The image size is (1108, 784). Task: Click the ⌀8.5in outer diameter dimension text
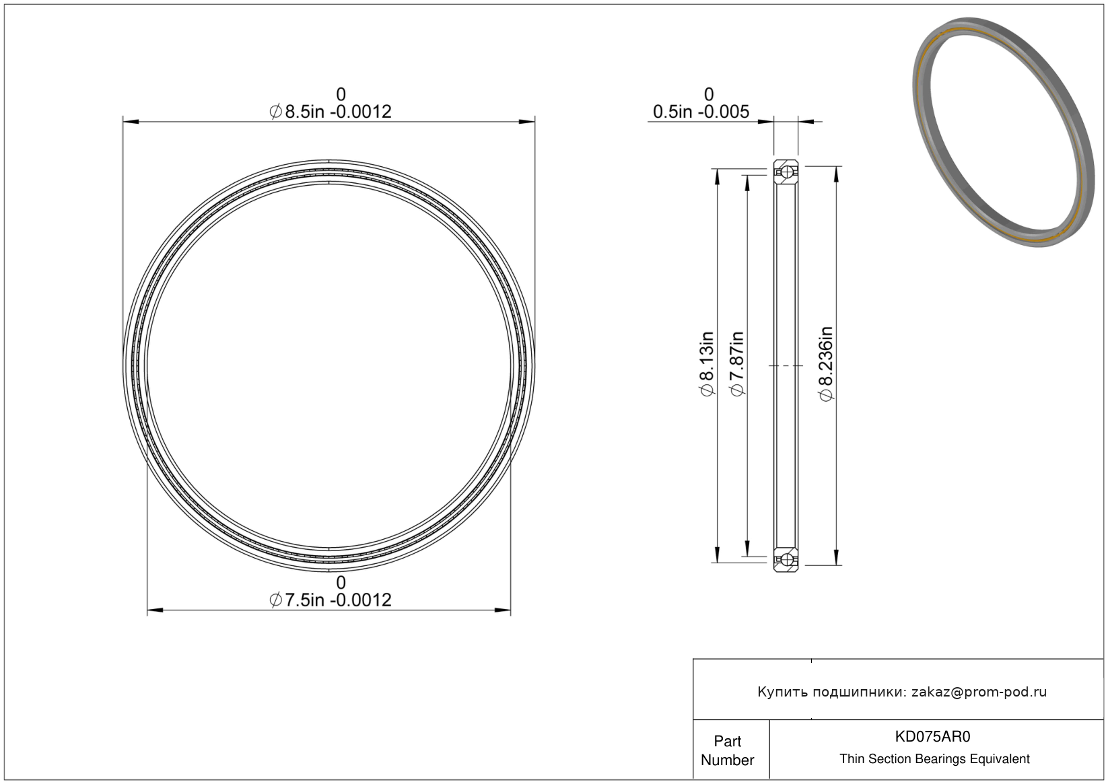click(331, 112)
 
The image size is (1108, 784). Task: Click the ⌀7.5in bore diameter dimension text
click(331, 600)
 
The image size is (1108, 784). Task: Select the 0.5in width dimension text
click(701, 112)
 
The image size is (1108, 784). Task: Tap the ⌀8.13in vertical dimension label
click(707, 363)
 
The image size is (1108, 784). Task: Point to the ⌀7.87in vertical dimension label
click(736, 363)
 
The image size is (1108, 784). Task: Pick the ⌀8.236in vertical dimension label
click(825, 363)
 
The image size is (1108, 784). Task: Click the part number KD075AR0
click(932, 736)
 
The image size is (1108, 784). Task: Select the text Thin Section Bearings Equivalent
click(934, 758)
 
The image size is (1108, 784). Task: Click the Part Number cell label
click(728, 750)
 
